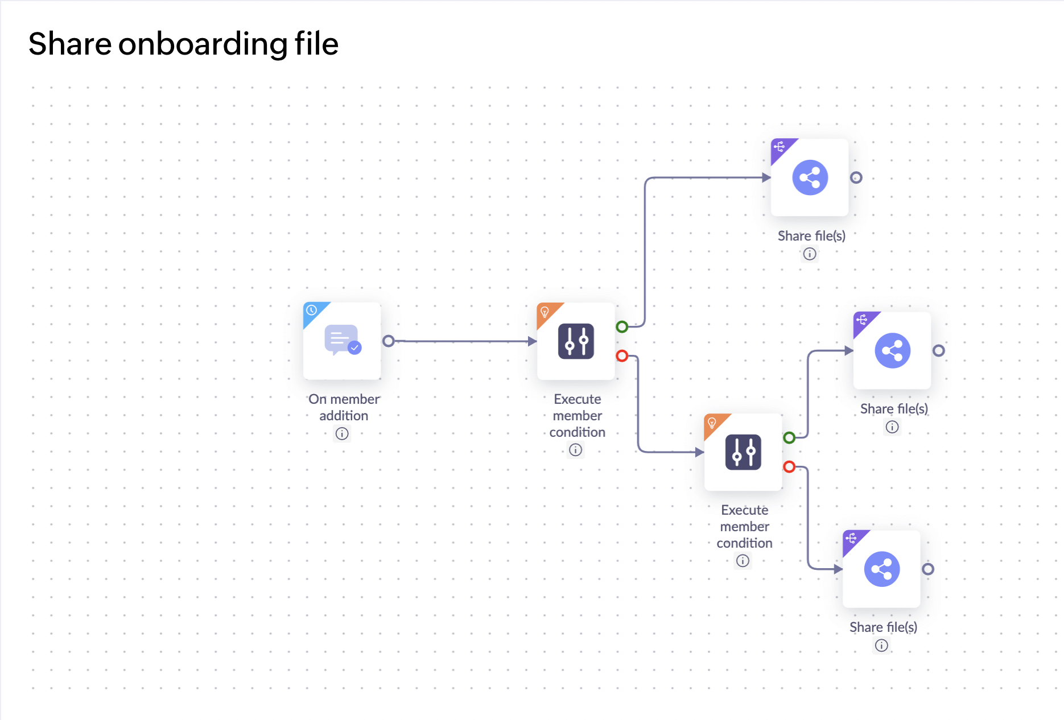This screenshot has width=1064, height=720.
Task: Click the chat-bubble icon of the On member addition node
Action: click(x=342, y=340)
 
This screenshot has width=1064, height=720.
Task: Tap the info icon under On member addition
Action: click(x=342, y=434)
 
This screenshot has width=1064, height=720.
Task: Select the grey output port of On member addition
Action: click(x=389, y=341)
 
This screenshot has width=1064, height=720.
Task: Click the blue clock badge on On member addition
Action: click(x=312, y=311)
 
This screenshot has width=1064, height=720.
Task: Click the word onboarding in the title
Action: click(x=202, y=44)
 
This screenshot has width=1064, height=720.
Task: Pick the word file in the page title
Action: click(x=316, y=44)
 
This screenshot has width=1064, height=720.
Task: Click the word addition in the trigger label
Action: click(x=344, y=416)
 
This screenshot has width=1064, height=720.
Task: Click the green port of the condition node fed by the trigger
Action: click(x=622, y=327)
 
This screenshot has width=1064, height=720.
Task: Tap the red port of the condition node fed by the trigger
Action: click(x=622, y=356)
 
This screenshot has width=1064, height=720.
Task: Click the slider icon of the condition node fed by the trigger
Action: click(x=576, y=341)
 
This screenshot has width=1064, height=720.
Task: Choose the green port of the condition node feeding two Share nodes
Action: click(x=789, y=438)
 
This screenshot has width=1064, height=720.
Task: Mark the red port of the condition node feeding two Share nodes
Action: click(x=789, y=467)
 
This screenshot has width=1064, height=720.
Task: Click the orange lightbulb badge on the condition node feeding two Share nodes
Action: click(x=712, y=423)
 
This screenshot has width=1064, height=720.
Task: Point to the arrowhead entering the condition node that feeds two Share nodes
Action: click(x=700, y=452)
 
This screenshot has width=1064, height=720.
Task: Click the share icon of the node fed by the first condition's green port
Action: click(x=810, y=177)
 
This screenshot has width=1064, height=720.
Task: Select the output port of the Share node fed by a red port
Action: click(x=928, y=569)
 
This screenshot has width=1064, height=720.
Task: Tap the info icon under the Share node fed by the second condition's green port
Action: click(x=892, y=427)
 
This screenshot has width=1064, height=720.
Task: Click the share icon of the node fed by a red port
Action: click(x=881, y=569)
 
